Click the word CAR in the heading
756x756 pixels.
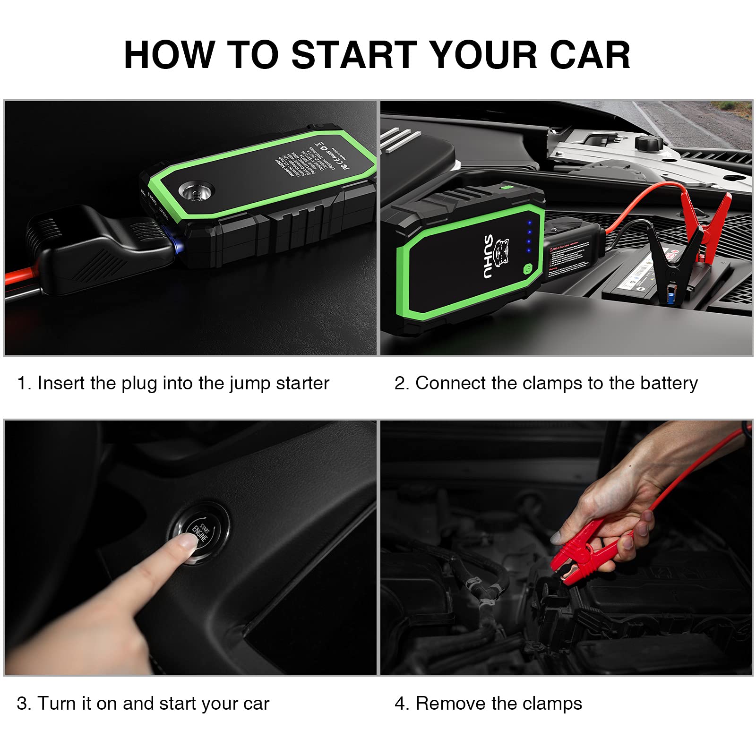(x=590, y=55)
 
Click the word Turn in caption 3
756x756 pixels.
(x=56, y=704)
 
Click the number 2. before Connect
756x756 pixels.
(x=402, y=383)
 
